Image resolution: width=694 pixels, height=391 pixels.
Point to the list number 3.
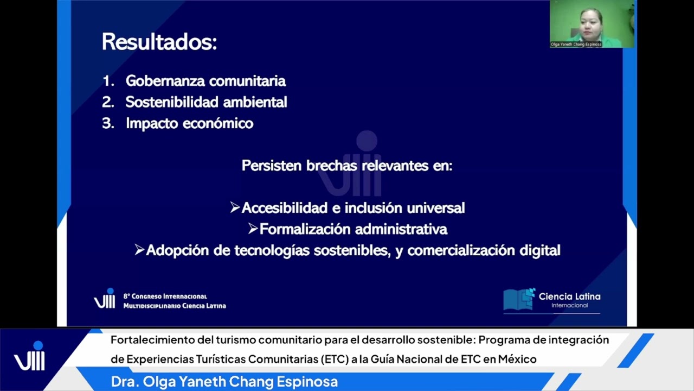107,123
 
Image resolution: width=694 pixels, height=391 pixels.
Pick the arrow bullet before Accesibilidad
235,207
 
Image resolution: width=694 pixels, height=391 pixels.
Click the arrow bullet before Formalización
253,229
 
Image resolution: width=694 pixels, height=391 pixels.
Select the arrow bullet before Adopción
139,250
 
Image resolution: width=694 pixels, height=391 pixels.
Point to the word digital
539,250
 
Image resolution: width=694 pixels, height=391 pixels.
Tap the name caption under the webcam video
576,44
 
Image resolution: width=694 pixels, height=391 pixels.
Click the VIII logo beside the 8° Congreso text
105,299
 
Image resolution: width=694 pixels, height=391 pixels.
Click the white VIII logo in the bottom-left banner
29,357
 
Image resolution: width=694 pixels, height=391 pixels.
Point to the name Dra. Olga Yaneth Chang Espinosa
224,382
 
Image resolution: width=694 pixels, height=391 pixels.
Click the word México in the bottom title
518,359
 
